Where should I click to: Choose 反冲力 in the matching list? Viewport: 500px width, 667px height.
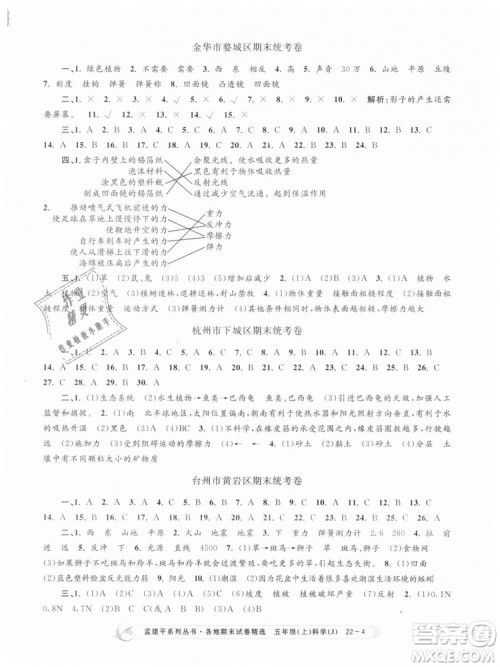326,254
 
